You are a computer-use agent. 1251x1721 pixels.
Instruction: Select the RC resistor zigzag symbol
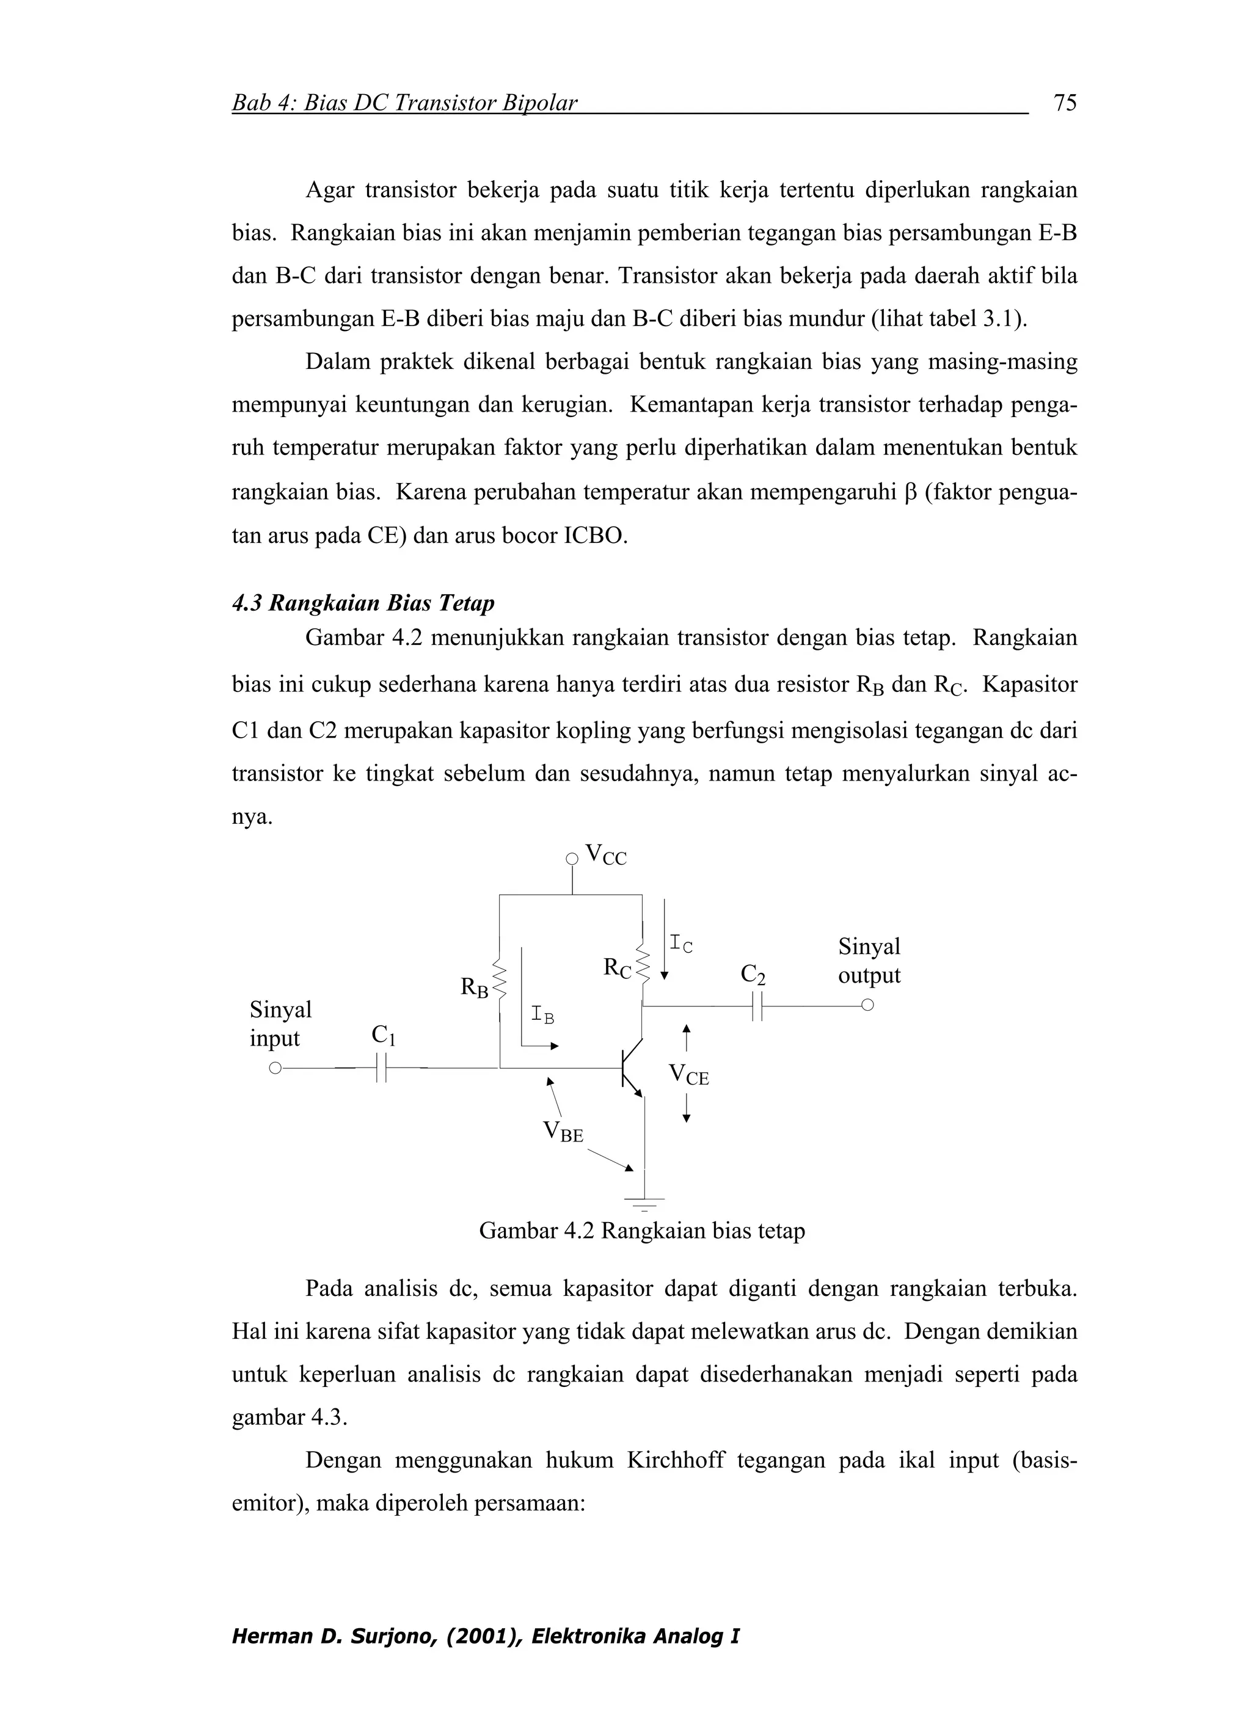644,964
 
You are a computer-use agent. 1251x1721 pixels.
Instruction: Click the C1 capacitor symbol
382,1068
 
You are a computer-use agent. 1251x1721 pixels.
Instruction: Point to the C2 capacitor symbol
756,1006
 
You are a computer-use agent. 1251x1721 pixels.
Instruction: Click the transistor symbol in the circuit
630,1068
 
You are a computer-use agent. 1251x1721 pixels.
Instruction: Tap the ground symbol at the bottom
644,1201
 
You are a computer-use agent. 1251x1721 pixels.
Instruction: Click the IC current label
681,945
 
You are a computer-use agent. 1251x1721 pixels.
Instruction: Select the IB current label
542,1014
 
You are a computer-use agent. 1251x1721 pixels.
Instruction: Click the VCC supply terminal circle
572,859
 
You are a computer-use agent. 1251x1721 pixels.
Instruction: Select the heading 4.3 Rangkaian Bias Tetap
363,603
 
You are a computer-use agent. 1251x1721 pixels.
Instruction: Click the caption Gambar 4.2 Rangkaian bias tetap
641,1231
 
